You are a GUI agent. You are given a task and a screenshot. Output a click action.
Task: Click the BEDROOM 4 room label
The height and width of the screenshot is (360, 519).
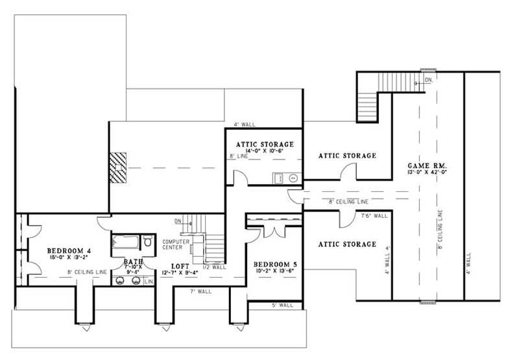point(68,250)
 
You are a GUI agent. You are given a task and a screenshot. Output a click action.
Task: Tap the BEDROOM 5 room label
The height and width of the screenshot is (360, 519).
point(275,264)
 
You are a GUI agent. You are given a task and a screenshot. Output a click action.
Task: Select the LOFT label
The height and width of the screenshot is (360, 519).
point(180,266)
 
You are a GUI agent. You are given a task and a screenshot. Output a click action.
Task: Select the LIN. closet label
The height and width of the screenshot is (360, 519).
point(149,282)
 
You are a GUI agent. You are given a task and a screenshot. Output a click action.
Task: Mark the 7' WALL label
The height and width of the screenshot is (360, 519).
point(200,292)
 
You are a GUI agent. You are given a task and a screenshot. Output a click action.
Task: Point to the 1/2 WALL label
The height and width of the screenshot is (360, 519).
point(215,267)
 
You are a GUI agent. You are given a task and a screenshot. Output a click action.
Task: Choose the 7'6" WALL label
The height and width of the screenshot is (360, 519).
point(374,216)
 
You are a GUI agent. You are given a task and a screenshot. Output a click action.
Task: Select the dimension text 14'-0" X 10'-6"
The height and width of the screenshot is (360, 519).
point(263,150)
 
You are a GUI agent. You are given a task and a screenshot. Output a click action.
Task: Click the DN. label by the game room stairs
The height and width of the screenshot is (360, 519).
point(428,80)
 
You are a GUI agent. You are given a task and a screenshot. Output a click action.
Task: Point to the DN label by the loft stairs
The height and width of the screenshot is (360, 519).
point(177,222)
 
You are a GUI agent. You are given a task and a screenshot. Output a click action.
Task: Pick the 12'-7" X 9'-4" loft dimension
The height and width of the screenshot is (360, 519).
point(180,272)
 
